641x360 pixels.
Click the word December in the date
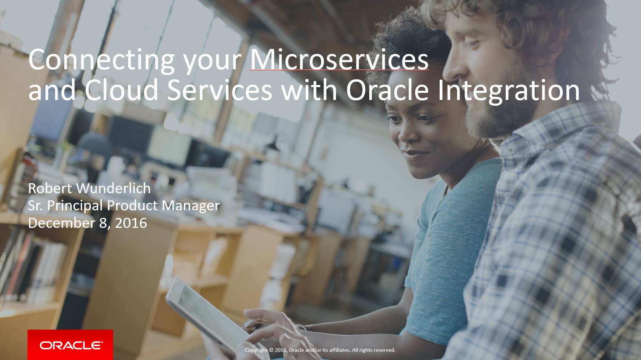[61, 223]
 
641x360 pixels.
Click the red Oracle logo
[70, 345]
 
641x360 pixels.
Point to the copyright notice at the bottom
[320, 350]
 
